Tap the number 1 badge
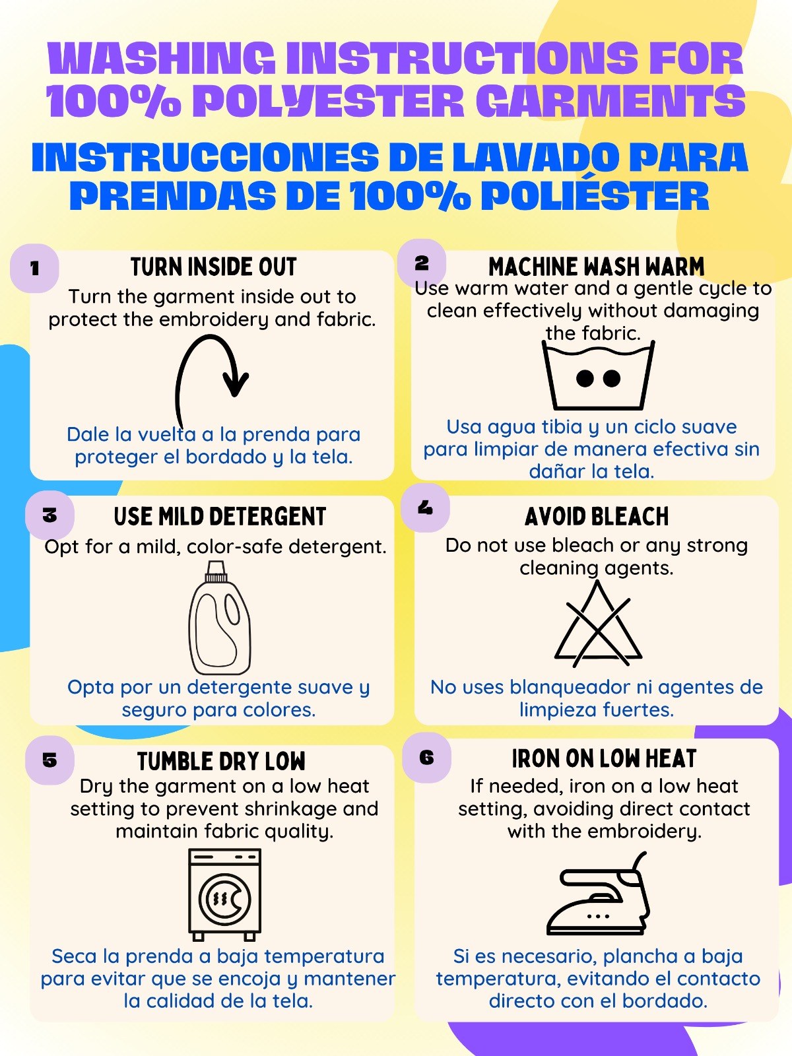pyautogui.click(x=34, y=269)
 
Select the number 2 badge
pyautogui.click(x=422, y=263)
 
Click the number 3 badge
pyautogui.click(x=49, y=515)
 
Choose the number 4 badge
pyautogui.click(x=425, y=508)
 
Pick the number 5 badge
pyautogui.click(x=49, y=760)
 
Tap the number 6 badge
pyautogui.click(x=426, y=758)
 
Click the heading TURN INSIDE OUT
pyautogui.click(x=213, y=267)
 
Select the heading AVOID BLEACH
pyautogui.click(x=597, y=517)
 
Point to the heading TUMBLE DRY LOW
pyautogui.click(x=221, y=762)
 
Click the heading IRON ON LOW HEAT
pyautogui.click(x=604, y=759)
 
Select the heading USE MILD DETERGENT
pyautogui.click(x=220, y=517)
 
